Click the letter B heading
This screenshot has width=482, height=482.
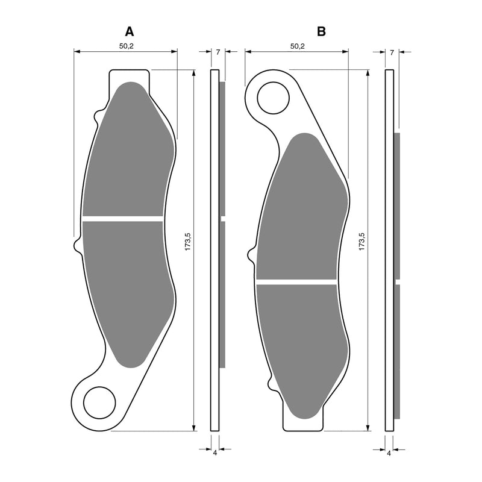coord(321,31)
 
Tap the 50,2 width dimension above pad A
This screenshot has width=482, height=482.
coord(126,46)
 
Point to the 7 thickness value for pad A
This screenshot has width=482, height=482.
coord(218,52)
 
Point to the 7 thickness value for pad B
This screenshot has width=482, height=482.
coord(392,52)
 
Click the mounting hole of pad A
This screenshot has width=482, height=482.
coord(99,403)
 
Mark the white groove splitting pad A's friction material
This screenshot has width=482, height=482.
coord(123,218)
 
